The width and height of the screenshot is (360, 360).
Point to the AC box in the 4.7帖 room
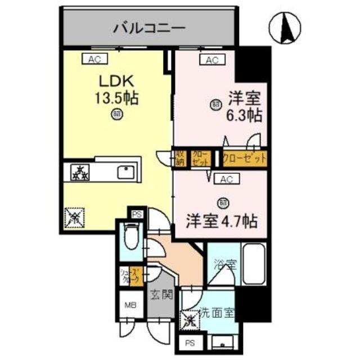tap(226, 179)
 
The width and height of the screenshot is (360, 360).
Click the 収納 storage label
tap(180, 157)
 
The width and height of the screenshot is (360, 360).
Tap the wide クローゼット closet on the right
tap(244, 158)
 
